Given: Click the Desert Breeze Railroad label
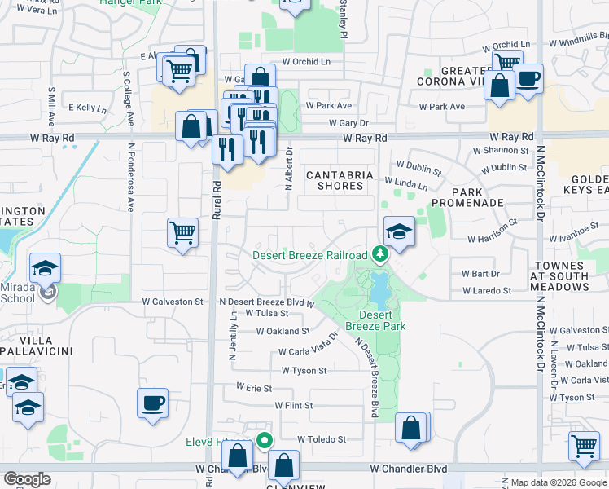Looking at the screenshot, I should pos(309,254).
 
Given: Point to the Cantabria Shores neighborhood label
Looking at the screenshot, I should pos(340,180).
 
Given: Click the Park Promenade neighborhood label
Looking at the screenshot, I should pos(467,196).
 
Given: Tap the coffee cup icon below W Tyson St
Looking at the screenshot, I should pos(153,403).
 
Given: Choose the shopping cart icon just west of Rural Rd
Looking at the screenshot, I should pos(183,232).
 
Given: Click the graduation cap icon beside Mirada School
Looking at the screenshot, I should pos(45,267).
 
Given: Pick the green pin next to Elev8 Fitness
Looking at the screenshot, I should pos(265,441).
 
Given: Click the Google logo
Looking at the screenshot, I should pos(28,479).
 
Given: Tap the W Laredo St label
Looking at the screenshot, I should pos(486,290).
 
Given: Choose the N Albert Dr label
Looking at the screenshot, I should pos(288,166).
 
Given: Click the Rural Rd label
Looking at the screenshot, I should pos(217,198).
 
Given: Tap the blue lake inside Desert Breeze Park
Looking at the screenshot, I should pos(379,286).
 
